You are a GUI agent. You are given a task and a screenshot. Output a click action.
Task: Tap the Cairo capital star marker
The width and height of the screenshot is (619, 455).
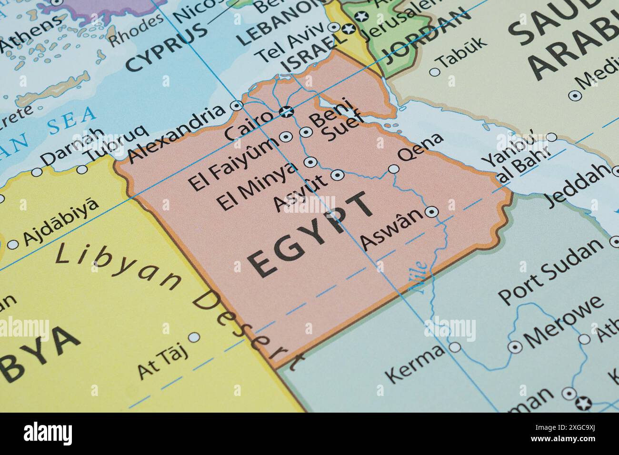point(286,112)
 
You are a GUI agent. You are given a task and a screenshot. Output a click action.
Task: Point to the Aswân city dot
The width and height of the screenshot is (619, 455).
point(431,212)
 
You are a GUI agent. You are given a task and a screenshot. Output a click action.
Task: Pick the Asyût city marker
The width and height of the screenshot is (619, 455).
point(338,175)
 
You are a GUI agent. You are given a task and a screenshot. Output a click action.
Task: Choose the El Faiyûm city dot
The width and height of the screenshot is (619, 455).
point(286,137)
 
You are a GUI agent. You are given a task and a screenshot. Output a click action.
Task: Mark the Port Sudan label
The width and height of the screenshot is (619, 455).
point(550,271)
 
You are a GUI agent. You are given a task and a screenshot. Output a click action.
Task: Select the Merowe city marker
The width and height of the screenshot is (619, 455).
point(515,347)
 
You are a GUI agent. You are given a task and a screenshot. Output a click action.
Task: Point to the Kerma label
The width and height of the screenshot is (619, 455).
point(414,364)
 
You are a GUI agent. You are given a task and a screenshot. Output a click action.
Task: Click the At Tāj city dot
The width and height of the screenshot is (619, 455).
point(194,337)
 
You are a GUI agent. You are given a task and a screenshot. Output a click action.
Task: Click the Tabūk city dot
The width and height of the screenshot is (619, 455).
point(434,72)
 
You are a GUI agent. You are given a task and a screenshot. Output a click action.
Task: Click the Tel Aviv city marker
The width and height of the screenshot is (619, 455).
point(335,27)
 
